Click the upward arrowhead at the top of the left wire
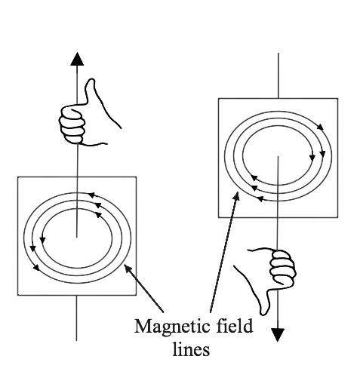pyautogui.click(x=77, y=59)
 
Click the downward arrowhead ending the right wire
pyautogui.click(x=278, y=335)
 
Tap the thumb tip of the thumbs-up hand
pyautogui.click(x=91, y=81)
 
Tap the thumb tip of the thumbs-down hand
pyautogui.click(x=263, y=312)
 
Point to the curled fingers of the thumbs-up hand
pyautogui.click(x=72, y=125)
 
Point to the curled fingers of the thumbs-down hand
pyautogui.click(x=282, y=267)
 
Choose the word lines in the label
pyautogui.click(x=191, y=349)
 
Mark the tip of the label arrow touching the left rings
pyautogui.click(x=125, y=265)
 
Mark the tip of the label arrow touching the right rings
pyautogui.click(x=237, y=192)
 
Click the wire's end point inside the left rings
pyautogui.click(x=77, y=237)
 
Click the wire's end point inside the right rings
pyautogui.click(x=278, y=157)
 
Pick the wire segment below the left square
pyautogui.click(x=76, y=318)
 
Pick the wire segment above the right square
pyautogui.click(x=278, y=75)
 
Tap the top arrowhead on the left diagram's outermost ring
pyautogui.click(x=91, y=195)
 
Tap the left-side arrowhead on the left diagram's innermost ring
pyautogui.click(x=42, y=240)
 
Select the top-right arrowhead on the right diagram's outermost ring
pyautogui.click(x=320, y=127)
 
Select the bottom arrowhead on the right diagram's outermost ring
pyautogui.click(x=260, y=199)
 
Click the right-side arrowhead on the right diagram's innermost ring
pyautogui.click(x=312, y=158)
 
